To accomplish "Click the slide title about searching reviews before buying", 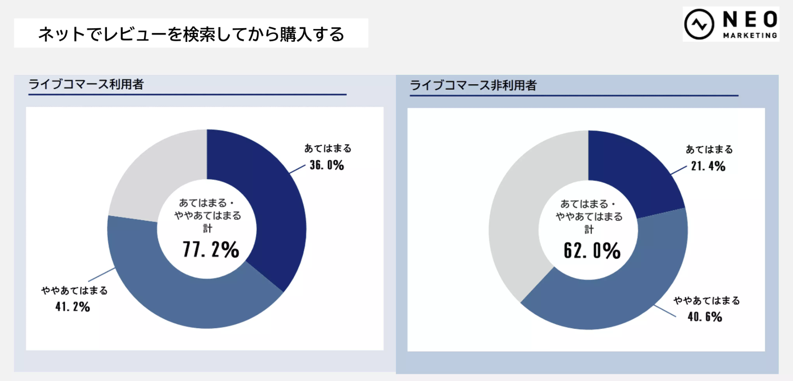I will point(191,34).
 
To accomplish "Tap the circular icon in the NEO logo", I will point(699,24).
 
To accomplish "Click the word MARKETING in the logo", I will point(750,35).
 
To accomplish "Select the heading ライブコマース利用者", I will point(86,84).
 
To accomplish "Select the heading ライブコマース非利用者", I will point(473,86).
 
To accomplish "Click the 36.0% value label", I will point(327,165).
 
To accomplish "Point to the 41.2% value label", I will point(73,307).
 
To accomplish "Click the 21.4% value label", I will point(708,166).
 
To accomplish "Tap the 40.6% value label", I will point(705,317).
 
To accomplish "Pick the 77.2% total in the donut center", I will point(211,250).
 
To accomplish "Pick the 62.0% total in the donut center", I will point(592,251).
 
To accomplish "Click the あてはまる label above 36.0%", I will point(328,148).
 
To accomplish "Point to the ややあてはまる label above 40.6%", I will point(707,301).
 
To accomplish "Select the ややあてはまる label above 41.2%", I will point(74,291).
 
